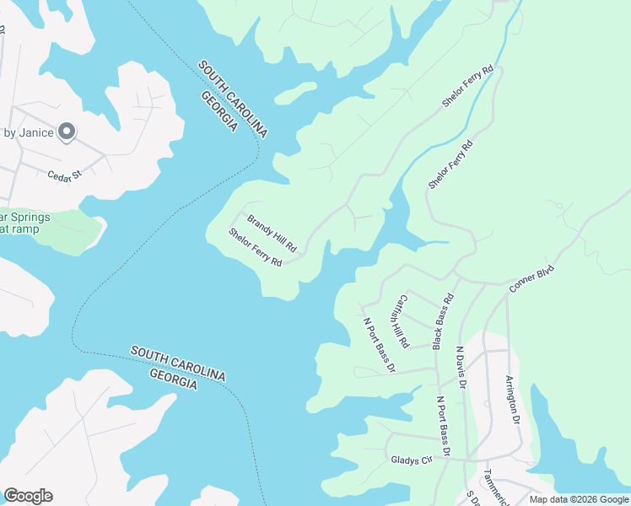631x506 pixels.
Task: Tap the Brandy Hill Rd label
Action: click(272, 234)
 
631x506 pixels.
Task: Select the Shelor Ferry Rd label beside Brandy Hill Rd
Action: click(255, 247)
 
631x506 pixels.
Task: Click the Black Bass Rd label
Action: click(443, 321)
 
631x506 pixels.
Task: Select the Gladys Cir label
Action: click(411, 460)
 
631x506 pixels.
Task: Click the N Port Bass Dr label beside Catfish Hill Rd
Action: click(379, 344)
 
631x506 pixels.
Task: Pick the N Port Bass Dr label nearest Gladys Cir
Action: click(445, 428)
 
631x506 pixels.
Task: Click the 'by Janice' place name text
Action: click(29, 132)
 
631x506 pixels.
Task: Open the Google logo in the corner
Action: click(28, 496)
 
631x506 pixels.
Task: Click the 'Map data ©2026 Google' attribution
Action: click(579, 499)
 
